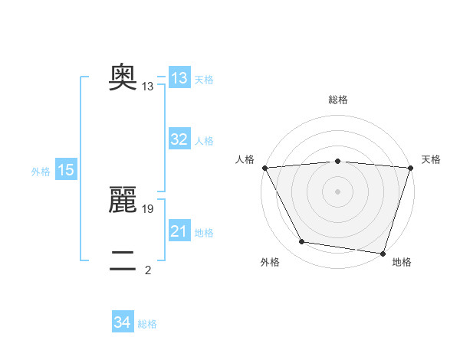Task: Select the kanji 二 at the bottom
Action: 123,261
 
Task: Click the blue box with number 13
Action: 179,78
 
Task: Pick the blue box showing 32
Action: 179,139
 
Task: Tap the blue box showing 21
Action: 179,231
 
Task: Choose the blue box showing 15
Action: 66,170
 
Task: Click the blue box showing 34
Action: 123,322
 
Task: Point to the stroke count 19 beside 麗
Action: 149,209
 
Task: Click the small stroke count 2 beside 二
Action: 148,270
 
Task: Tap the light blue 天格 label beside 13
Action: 204,80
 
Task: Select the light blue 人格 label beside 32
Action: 204,141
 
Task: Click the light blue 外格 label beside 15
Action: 41,172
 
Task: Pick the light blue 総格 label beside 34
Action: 147,324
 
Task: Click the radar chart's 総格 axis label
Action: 338,100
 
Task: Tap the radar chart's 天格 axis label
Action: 431,159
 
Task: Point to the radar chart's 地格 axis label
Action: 402,262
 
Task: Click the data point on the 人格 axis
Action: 264,167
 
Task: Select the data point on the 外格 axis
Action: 302,242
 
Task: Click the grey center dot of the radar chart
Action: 338,191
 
